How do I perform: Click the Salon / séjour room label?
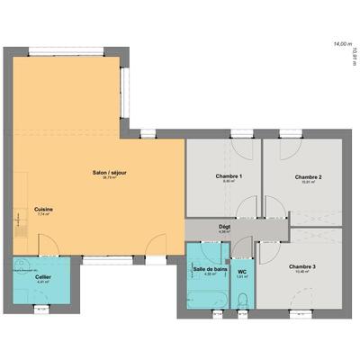tap(110, 172)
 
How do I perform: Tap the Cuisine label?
tap(43, 209)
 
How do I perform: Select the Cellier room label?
tap(43, 276)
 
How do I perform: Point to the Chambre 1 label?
tap(229, 175)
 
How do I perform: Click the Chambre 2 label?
tap(308, 176)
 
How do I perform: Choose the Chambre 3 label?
tap(301, 266)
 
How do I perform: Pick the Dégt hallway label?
tap(224, 226)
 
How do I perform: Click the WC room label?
tap(242, 271)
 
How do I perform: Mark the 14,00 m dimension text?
tap(341, 42)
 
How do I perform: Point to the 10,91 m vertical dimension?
tap(355, 56)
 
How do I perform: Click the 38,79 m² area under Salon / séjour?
tap(110, 177)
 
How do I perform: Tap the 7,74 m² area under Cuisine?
tap(43, 214)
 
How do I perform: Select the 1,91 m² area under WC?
tap(242, 276)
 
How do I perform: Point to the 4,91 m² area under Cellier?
tap(43, 282)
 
